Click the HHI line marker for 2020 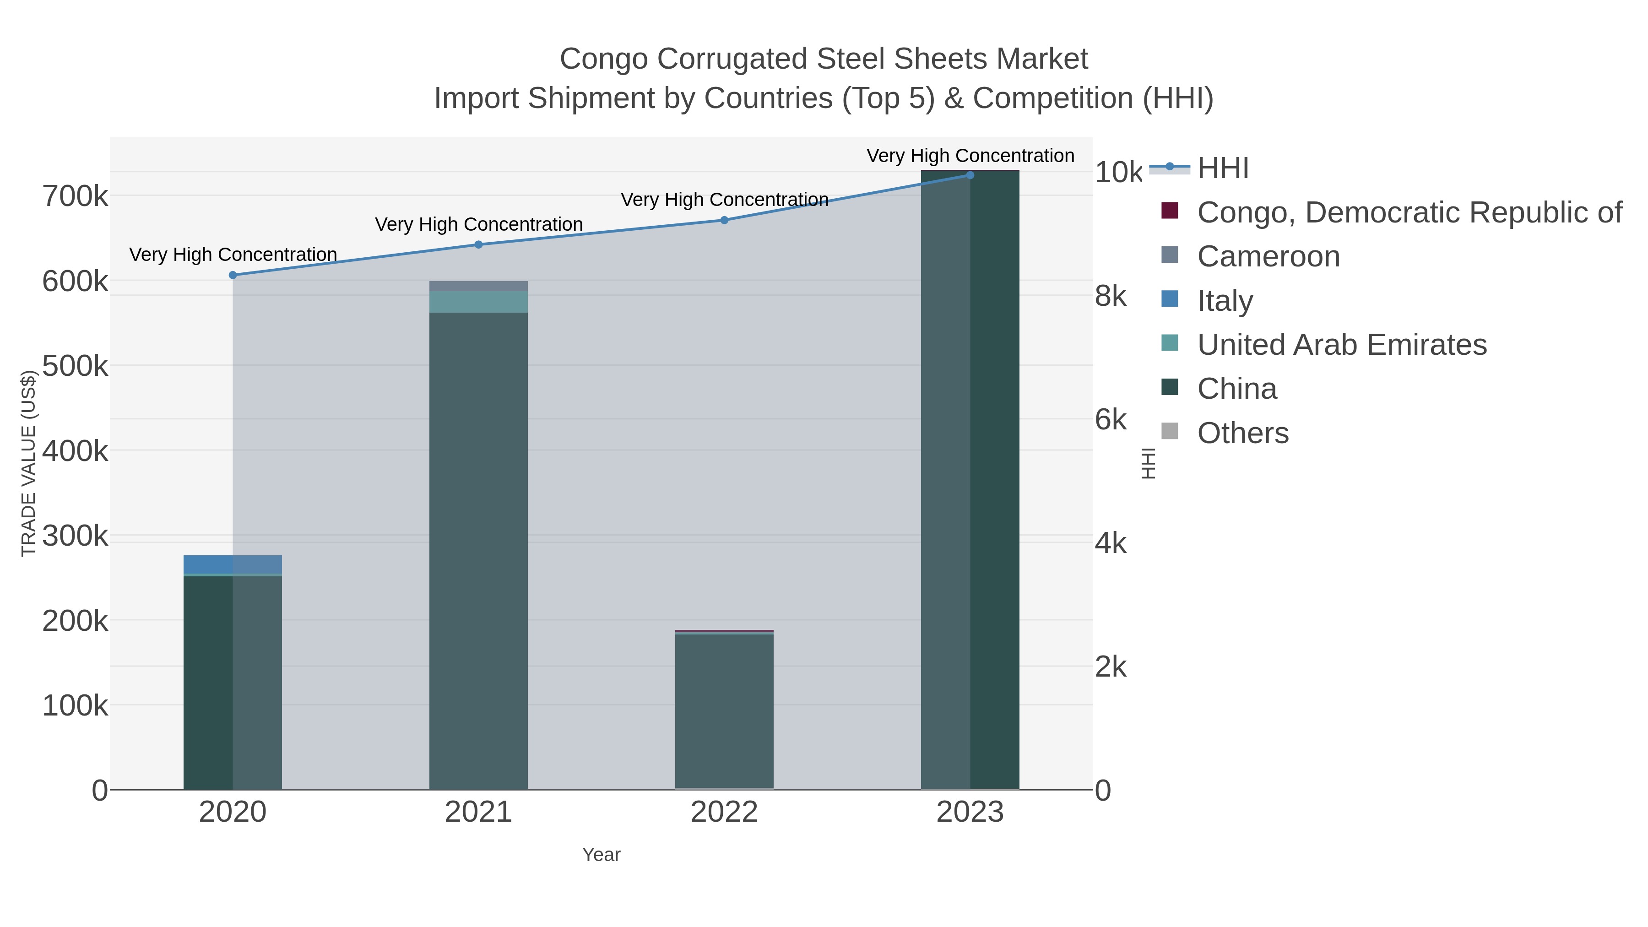[233, 275]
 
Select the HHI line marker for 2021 [478, 244]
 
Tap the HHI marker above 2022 [724, 220]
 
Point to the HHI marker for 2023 [970, 175]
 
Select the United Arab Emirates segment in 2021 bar [478, 302]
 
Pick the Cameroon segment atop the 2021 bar [478, 286]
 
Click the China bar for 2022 [724, 710]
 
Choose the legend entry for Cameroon [1268, 256]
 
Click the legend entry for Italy [1225, 301]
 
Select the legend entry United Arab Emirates [1342, 345]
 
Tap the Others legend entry [1242, 433]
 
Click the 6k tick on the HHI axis [1111, 420]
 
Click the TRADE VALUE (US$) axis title [28, 463]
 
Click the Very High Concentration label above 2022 [724, 200]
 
